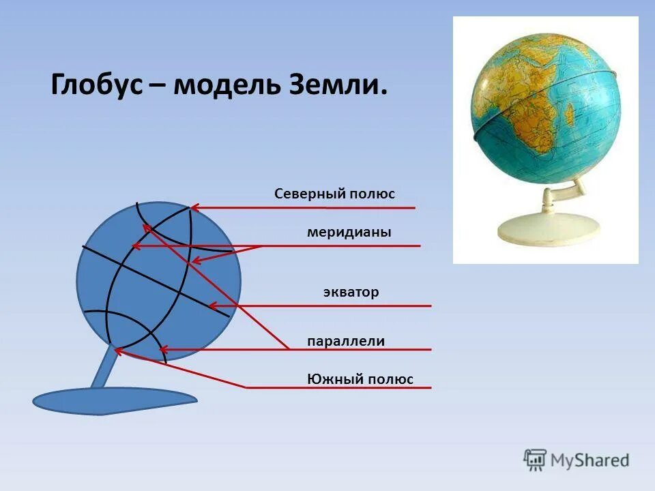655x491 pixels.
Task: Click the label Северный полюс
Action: [334, 194]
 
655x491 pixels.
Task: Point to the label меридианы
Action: [349, 233]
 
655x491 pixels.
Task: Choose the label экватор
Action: [351, 293]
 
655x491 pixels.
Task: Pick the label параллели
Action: [346, 341]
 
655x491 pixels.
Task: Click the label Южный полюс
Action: [360, 379]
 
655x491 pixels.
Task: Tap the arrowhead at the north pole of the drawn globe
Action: [194, 207]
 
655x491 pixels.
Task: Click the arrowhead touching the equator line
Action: [212, 306]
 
